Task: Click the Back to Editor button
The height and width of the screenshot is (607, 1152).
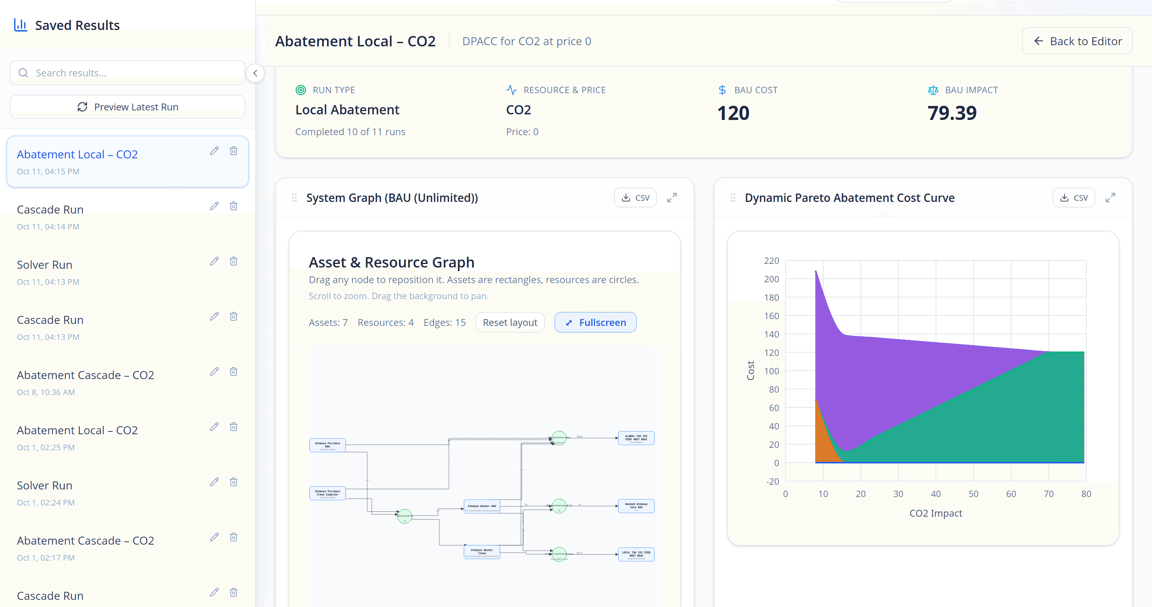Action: point(1077,41)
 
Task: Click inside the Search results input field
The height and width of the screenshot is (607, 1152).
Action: point(134,73)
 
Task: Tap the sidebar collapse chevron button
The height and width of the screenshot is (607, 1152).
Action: point(255,73)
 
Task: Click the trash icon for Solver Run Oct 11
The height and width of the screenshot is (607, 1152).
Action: point(234,261)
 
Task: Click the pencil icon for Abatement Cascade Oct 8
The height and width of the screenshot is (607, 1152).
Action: point(214,371)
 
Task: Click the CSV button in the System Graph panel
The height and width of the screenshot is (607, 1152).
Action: point(635,198)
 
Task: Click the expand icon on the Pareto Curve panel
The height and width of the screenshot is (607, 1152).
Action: point(1110,198)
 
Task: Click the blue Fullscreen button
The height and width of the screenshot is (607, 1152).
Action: point(595,322)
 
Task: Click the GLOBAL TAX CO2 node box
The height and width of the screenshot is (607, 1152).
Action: point(636,438)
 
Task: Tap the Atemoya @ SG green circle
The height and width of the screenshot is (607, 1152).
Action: point(405,516)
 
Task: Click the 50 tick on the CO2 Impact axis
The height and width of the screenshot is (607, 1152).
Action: point(973,494)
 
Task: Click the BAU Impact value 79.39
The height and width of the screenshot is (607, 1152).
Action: point(952,113)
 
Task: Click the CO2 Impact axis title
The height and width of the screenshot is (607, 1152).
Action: point(936,513)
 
